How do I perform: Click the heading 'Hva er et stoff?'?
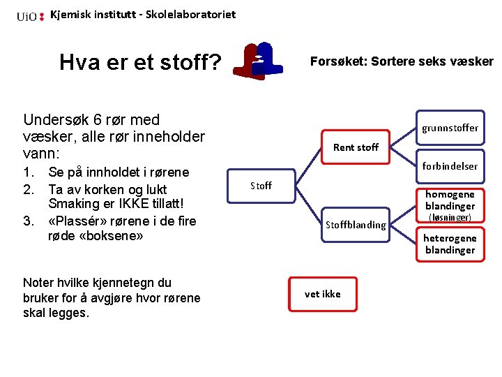140,63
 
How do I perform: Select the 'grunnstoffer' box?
450,128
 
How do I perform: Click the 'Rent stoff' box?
356,147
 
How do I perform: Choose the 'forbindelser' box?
450,166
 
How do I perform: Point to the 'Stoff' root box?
261,186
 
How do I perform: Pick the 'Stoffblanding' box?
356,225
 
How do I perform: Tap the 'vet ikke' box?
323,294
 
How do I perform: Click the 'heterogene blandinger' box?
450,244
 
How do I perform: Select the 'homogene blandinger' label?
450,200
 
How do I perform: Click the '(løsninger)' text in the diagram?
450,218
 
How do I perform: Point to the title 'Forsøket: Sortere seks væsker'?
401,61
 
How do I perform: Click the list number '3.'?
29,221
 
